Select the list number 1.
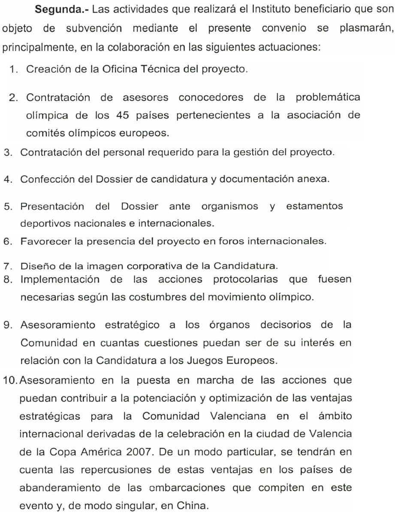pos(15,70)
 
